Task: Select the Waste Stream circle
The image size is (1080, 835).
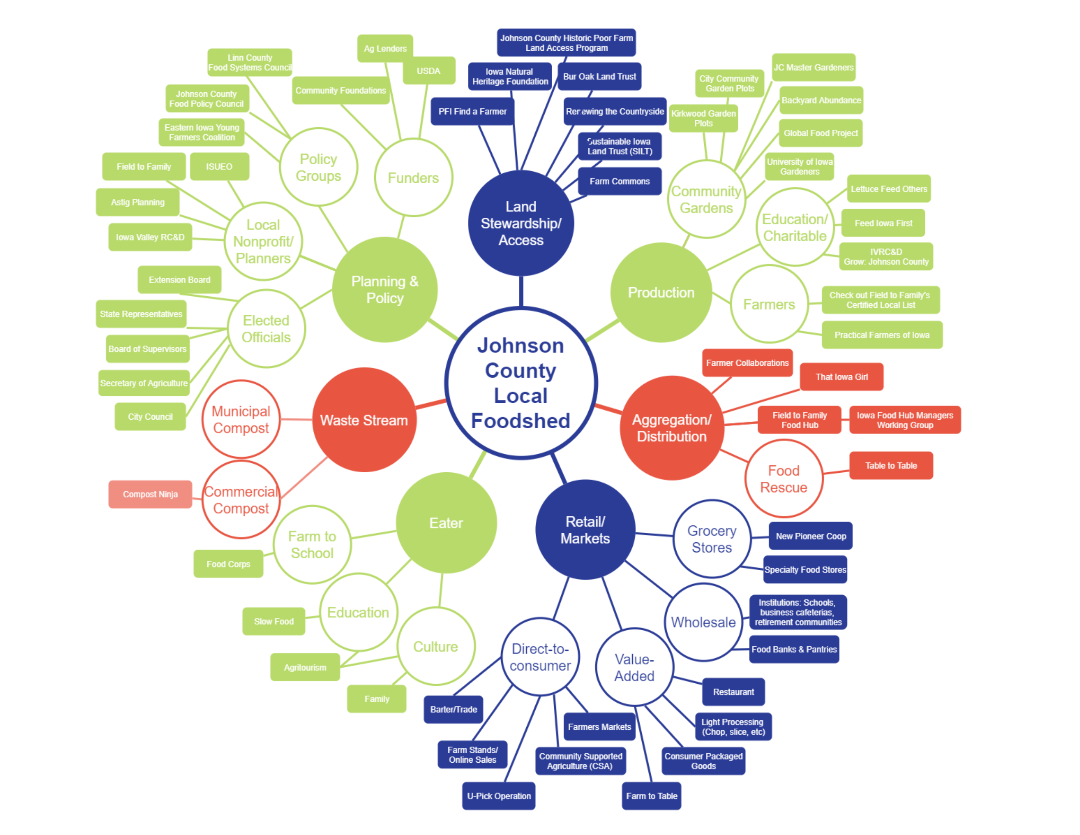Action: [x=364, y=420]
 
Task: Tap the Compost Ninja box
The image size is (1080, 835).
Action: [x=150, y=494]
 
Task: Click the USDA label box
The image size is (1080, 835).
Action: [x=428, y=71]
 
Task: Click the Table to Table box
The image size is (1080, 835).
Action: [x=891, y=466]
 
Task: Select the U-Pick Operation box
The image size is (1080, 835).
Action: [x=498, y=796]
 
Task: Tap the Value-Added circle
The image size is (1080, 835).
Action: [x=634, y=667]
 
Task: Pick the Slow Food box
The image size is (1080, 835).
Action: [x=273, y=621]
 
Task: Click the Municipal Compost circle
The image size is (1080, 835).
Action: [x=241, y=420]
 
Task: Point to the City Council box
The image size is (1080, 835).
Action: [x=150, y=417]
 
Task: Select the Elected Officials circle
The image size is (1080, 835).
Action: [x=266, y=328]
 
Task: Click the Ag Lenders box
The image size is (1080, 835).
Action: [x=385, y=48]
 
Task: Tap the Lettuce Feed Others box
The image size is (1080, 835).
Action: [x=889, y=189]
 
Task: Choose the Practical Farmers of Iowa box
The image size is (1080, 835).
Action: [x=882, y=335]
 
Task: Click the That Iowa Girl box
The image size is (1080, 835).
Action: [x=841, y=377]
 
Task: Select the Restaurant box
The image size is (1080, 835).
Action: [x=733, y=692]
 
